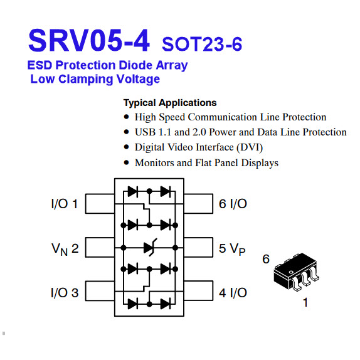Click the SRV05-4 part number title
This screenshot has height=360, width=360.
pos(89,40)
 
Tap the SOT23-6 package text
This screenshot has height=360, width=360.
pos(202,44)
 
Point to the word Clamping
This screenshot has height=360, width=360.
pos(85,80)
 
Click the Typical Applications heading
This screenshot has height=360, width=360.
pos(170,103)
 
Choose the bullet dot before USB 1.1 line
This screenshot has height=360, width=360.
pos(126,132)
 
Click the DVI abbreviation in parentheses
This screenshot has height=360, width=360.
pos(250,147)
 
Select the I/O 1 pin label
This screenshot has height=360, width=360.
pos(65,204)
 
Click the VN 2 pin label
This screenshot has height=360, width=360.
pos(65,249)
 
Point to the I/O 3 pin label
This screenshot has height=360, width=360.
pos(65,293)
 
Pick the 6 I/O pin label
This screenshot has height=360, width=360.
pos(233,204)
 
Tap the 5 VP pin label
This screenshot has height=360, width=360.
pos(232,249)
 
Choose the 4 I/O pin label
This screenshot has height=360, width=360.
pos(233,293)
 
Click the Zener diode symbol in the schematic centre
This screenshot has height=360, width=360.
pos(149,248)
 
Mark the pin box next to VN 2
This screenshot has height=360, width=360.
pos(100,247)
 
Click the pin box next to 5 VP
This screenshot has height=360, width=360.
pos(198,247)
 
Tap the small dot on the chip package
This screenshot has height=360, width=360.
pos(291,272)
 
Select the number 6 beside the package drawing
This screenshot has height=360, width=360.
pos(266,259)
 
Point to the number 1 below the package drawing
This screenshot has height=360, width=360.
pos(305,302)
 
